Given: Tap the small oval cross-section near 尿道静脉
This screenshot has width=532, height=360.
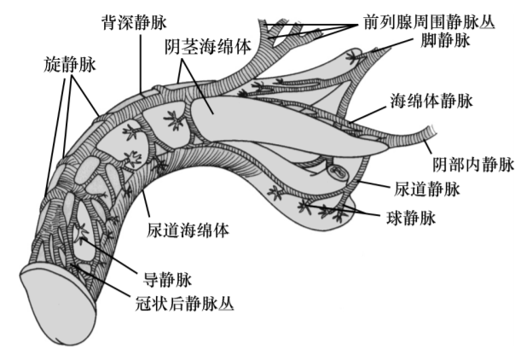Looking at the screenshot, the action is pyautogui.click(x=338, y=173).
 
